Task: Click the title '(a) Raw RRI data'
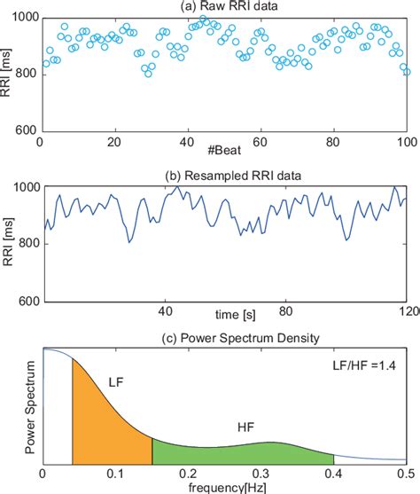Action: coord(224,7)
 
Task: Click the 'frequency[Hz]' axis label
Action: coord(224,487)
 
